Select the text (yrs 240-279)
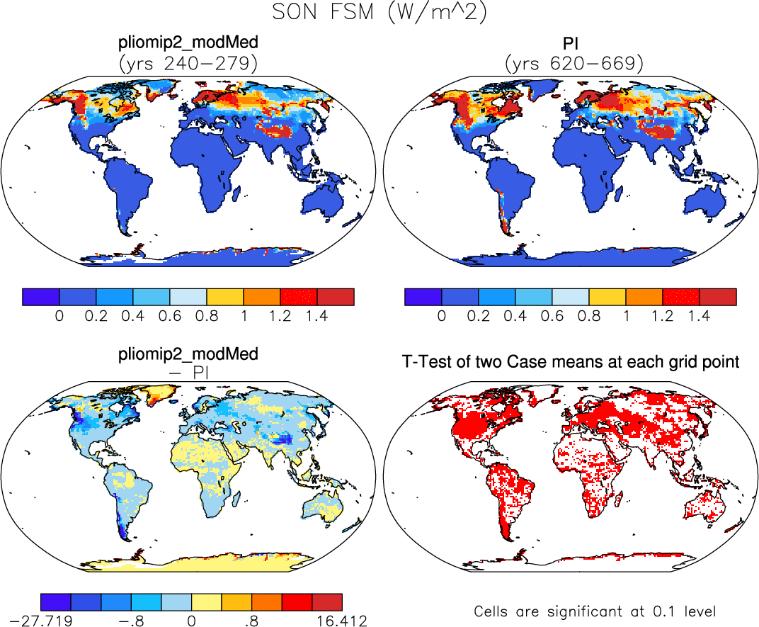coord(188,64)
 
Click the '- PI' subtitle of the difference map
coord(188,373)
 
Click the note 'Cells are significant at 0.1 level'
coord(595,611)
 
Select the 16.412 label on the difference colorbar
coord(342,621)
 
